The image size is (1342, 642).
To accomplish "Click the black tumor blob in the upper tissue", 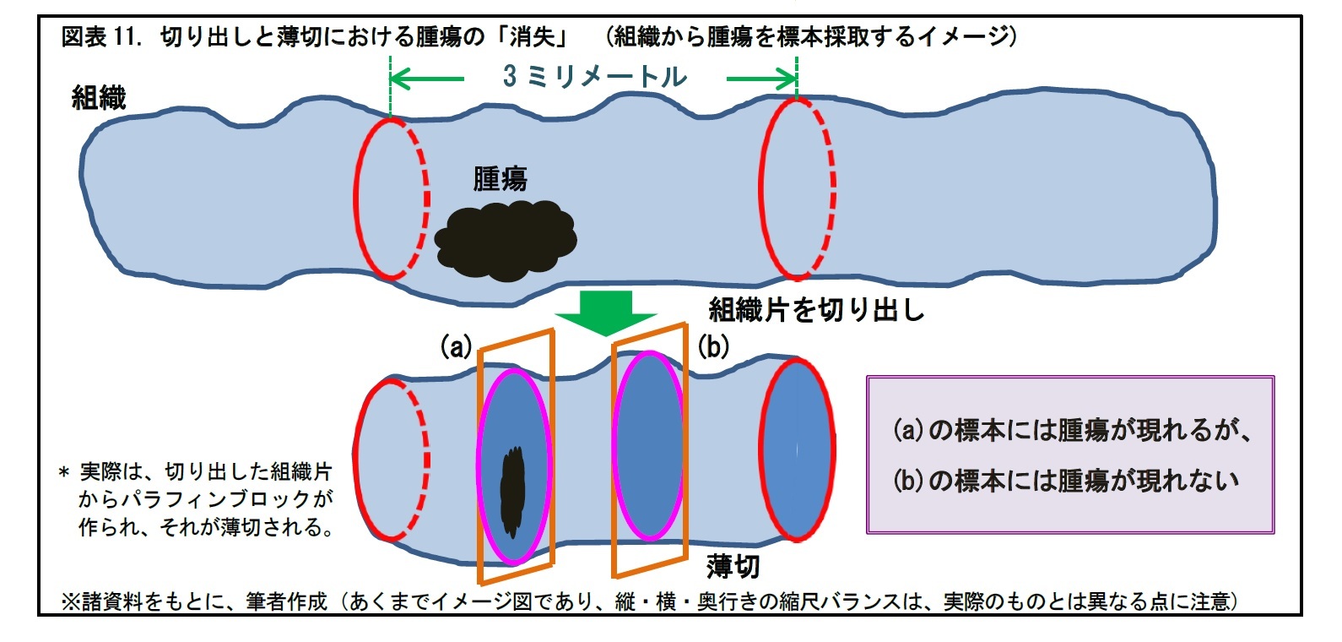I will point(505,240).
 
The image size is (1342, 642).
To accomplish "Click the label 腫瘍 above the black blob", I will point(500,179).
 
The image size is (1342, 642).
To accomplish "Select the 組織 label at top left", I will point(99,98).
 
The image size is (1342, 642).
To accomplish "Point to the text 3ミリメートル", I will point(595,77).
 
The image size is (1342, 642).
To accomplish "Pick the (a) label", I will point(456,346).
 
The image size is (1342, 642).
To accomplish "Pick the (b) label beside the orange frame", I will point(713,346).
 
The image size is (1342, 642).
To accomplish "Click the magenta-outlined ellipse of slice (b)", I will point(649,446).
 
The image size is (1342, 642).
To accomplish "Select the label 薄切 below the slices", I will point(733,566).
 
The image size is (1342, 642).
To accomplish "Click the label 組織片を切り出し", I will point(816,310).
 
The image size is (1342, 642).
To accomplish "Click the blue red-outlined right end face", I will point(798,449).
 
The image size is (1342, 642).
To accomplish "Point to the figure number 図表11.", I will point(100,38).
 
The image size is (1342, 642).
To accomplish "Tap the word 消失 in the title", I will point(533,38).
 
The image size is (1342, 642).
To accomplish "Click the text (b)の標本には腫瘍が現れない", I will point(1066,481).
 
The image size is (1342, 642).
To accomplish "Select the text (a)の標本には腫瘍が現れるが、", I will point(1072,430).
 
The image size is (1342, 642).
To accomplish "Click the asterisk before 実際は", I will point(64,474).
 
